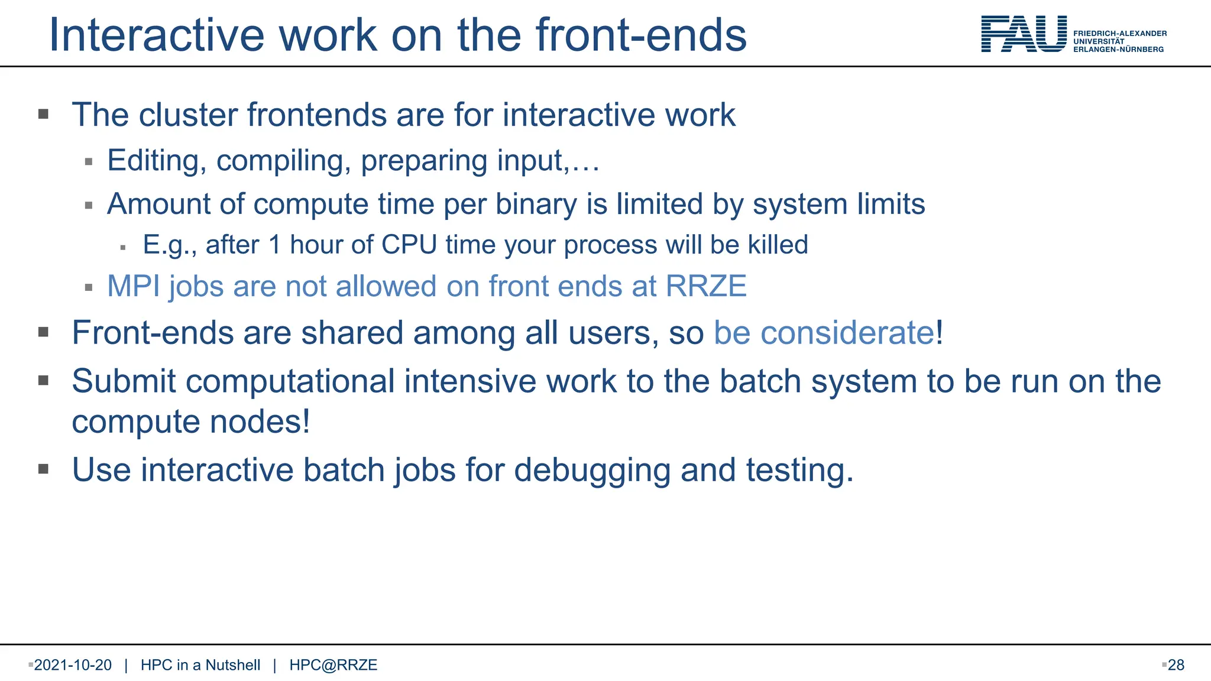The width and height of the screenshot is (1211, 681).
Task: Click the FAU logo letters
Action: point(1024,34)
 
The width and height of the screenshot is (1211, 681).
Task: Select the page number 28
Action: point(1176,665)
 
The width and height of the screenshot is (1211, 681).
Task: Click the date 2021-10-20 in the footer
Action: point(73,665)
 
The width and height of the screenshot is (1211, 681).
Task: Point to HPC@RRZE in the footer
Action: point(333,665)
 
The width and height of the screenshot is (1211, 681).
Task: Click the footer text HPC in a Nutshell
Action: point(200,665)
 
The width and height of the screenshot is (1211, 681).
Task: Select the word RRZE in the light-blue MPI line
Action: point(706,286)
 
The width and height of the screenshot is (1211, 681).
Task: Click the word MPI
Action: point(133,286)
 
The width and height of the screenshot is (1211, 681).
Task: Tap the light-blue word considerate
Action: point(847,333)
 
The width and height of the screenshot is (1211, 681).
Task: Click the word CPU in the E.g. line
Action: point(409,245)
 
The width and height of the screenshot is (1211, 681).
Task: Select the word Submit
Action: point(124,381)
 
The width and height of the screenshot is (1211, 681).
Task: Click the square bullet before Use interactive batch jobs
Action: point(43,469)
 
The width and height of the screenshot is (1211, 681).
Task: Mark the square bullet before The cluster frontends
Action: point(43,114)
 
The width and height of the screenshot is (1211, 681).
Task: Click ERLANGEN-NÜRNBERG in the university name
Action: point(1118,50)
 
